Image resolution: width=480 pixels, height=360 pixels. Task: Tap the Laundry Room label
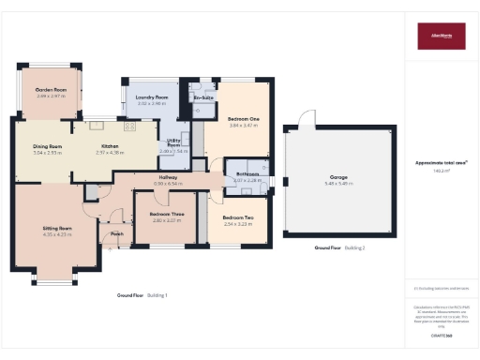click(x=151, y=97)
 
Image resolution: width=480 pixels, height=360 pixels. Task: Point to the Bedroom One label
click(x=242, y=118)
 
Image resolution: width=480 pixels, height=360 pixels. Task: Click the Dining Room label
click(x=47, y=146)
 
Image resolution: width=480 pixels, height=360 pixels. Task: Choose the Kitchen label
click(x=111, y=146)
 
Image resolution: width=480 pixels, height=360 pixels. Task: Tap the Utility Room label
click(x=172, y=142)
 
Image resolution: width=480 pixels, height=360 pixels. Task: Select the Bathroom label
click(x=247, y=174)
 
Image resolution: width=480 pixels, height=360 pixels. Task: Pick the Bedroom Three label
click(x=166, y=215)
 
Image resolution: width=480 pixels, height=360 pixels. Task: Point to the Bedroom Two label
click(x=240, y=218)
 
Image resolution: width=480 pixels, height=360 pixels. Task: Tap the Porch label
click(x=117, y=233)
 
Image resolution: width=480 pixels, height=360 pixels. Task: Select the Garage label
click(x=338, y=176)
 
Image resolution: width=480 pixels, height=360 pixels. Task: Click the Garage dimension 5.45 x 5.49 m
click(x=338, y=183)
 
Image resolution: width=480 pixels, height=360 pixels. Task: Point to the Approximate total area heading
click(x=441, y=162)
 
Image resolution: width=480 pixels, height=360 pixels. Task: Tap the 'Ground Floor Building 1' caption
click(x=142, y=295)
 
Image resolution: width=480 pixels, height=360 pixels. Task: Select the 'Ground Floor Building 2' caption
click(x=339, y=247)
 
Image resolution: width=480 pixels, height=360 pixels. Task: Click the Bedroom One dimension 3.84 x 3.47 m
click(x=242, y=125)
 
